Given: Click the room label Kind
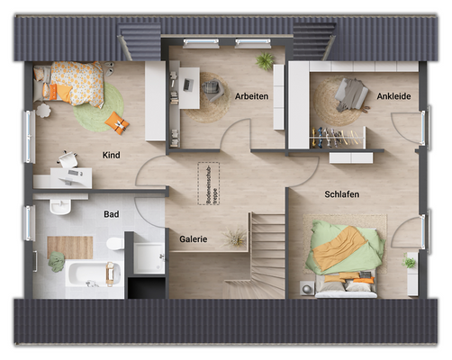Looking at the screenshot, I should pyautogui.click(x=112, y=155).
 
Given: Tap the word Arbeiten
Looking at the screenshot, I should pyautogui.click(x=252, y=95).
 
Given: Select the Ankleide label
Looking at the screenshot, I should pyautogui.click(x=393, y=95).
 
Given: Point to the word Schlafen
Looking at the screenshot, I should pyautogui.click(x=342, y=193).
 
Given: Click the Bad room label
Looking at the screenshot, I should pyautogui.click(x=111, y=214).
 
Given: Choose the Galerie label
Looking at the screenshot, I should pyautogui.click(x=194, y=239).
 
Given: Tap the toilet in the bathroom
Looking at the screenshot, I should pyautogui.click(x=113, y=244).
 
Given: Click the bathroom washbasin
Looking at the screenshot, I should pyautogui.click(x=59, y=207).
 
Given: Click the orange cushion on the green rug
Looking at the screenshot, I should pyautogui.click(x=116, y=121).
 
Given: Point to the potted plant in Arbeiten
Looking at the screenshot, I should pyautogui.click(x=265, y=61).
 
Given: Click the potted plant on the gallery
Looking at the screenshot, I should pyautogui.click(x=236, y=238).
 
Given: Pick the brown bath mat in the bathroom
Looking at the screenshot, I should pyautogui.click(x=69, y=245).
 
